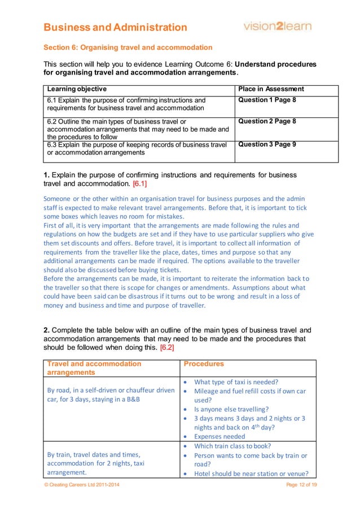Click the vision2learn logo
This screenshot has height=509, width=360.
pos(276,26)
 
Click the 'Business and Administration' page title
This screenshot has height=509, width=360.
pos(115,27)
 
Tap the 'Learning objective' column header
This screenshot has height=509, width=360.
pos(77,89)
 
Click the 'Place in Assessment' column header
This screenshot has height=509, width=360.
pos(271,89)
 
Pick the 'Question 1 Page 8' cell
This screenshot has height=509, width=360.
pos(267,100)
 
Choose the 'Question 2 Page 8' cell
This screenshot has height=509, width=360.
pos(267,121)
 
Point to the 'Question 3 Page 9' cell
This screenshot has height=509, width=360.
pos(267,144)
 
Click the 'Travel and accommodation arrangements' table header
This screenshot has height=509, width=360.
pos(94,368)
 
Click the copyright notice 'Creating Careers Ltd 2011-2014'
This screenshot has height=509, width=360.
pos(81,485)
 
